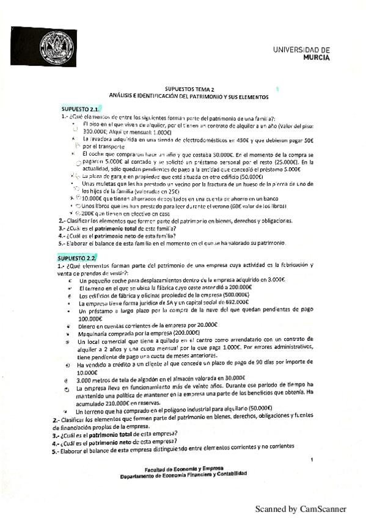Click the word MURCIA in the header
pos(317,57)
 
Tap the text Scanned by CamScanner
pos(301,508)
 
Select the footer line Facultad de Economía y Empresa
pos(183,467)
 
